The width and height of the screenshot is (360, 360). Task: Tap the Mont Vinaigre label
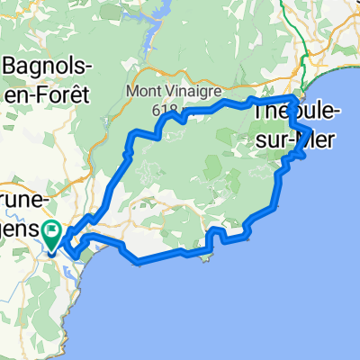(161, 91)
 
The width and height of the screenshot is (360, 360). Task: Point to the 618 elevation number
(163, 108)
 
